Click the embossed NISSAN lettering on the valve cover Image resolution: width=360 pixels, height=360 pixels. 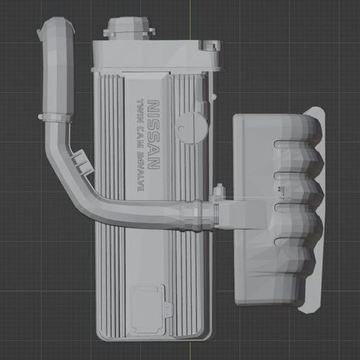(158, 138)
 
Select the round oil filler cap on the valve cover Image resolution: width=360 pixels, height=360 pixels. (189, 125)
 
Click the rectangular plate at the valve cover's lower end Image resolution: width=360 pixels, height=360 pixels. (149, 311)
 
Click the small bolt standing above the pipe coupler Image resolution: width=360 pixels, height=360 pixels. (220, 190)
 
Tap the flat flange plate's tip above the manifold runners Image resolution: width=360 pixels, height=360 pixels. (317, 112)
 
